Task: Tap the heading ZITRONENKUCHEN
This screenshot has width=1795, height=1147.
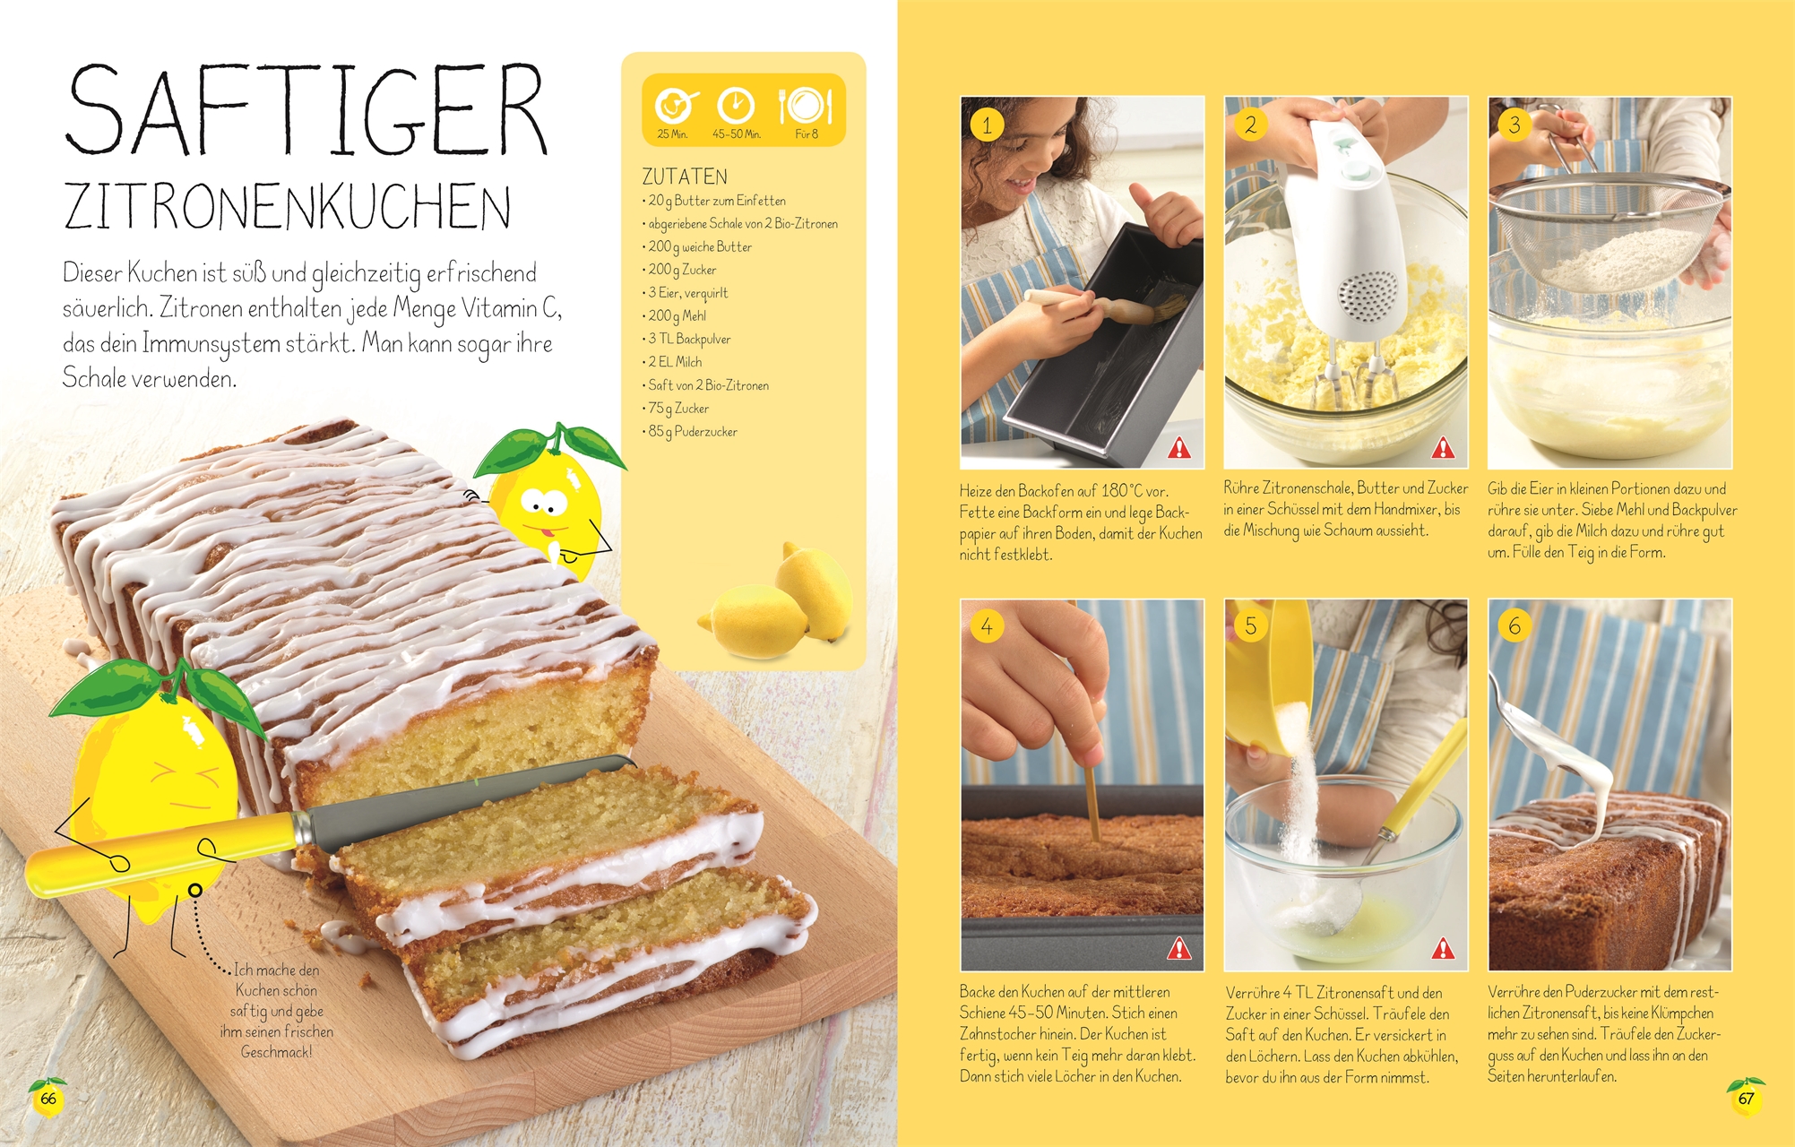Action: (x=288, y=207)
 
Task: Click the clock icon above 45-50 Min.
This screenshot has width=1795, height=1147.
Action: (x=736, y=106)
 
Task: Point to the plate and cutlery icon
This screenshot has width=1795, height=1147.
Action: (x=806, y=106)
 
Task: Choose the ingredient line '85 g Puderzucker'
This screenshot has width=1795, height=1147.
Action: (x=690, y=431)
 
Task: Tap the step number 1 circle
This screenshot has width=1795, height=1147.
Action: (x=987, y=125)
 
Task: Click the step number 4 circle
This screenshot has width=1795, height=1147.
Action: (x=987, y=625)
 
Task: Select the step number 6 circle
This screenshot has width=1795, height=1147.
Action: (x=1515, y=625)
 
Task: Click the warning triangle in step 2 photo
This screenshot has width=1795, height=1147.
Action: (x=1443, y=447)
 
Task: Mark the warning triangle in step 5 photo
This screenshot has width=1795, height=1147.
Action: (x=1443, y=948)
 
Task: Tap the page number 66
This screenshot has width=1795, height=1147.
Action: (x=48, y=1099)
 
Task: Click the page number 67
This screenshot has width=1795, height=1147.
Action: (x=1746, y=1099)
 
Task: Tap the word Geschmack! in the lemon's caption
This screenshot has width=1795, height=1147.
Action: (x=276, y=1052)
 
